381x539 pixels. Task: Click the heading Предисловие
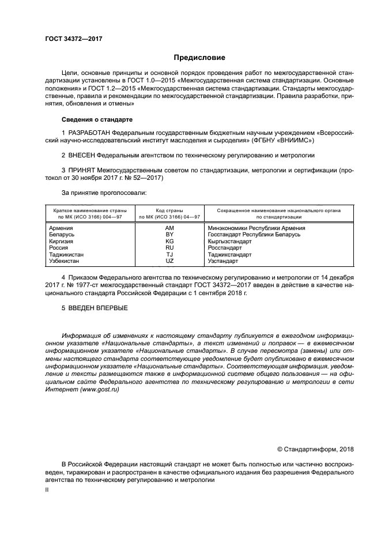[199, 58]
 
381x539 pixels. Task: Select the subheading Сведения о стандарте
[97, 119]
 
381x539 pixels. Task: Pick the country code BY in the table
[169, 235]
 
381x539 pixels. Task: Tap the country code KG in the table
[169, 242]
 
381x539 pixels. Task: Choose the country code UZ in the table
[169, 261]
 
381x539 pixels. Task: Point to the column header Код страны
[169, 210]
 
